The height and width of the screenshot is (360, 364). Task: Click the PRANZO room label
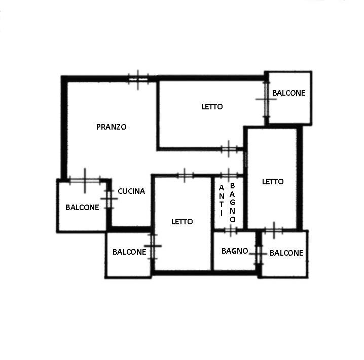point(111,127)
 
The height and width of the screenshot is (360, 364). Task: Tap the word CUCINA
point(131,191)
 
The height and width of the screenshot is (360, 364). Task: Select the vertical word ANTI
point(222,201)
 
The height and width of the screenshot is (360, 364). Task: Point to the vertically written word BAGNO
point(232,203)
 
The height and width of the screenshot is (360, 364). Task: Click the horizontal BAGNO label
point(235,251)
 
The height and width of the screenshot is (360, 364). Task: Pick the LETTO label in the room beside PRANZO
point(212,107)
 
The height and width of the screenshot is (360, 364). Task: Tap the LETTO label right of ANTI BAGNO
point(273,181)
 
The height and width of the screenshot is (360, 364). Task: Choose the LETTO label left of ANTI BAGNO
point(182,222)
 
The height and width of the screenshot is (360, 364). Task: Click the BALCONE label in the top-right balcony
point(289,93)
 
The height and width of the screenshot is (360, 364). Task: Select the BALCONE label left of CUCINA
point(82,207)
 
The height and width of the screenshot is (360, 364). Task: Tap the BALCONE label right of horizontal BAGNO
point(286,253)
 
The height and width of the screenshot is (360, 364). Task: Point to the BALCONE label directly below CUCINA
point(129,252)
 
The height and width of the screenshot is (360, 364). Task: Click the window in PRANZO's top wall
point(138,79)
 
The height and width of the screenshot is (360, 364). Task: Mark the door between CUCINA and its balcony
point(109,199)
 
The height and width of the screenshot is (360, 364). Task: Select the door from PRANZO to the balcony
point(85,180)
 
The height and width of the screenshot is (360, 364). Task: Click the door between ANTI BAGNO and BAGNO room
point(231,230)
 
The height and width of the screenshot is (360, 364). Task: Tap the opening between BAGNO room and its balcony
point(259,254)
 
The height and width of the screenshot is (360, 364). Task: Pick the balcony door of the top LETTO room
point(266,99)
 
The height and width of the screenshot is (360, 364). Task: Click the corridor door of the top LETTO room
point(229,149)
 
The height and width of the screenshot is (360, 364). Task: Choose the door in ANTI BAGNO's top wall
point(229,175)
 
